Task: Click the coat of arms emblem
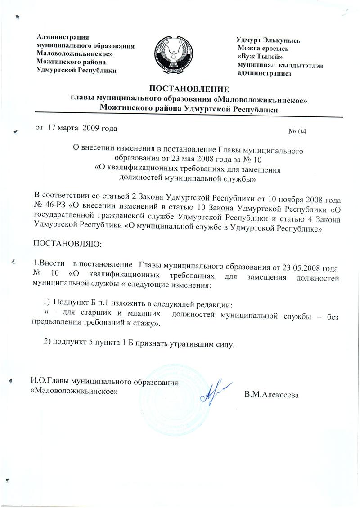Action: point(173,56)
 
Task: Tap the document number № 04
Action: point(297,132)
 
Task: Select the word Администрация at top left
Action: point(63,37)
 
